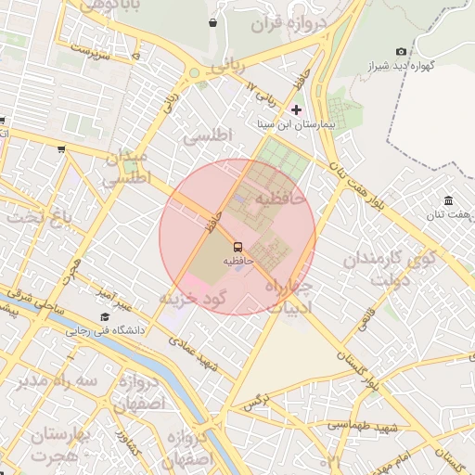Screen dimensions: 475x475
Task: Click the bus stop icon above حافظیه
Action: pos(237,247)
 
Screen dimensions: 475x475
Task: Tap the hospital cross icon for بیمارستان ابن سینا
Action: pos(296,109)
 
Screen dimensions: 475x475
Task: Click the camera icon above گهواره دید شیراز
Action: pos(401,52)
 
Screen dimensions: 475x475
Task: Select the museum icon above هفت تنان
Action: pos(449,201)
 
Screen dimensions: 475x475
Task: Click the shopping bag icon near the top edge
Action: pos(213,22)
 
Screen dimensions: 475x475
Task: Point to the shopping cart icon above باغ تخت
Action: pos(61,148)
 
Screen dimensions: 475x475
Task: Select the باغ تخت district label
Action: pos(40,218)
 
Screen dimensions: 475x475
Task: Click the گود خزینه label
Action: pos(192,298)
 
